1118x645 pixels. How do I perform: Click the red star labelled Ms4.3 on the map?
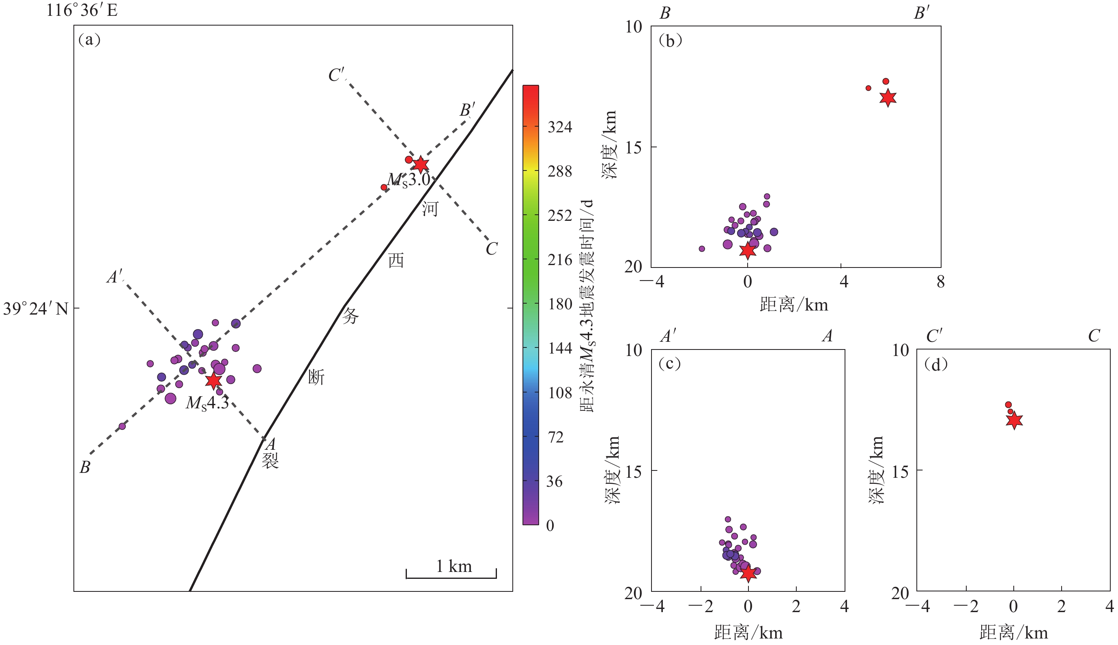pos(213,380)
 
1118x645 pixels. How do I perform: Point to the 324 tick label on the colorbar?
pos(560,127)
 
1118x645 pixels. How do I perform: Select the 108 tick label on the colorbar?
pos(560,393)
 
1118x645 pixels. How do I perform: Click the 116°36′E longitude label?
pos(82,10)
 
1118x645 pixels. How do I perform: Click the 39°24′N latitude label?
pos(36,309)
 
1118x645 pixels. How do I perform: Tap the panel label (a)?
pos(89,40)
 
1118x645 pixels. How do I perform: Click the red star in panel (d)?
pos(1014,420)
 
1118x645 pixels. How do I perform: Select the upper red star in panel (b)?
pos(888,98)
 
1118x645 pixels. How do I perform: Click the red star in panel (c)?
pos(748,573)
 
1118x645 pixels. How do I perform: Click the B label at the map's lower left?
pos(85,467)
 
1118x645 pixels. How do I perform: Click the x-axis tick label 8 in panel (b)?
pos(940,282)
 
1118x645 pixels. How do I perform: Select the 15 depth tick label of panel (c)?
pos(633,472)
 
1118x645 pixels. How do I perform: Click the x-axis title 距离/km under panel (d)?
pos(1014,632)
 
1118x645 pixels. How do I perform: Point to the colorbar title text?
pos(587,306)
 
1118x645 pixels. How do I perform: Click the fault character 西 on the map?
pos(396,261)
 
